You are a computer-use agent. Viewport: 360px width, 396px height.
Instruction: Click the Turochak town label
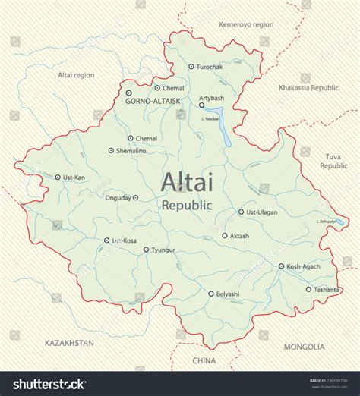click(x=210, y=67)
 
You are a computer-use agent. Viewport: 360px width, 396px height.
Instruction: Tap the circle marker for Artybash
click(x=201, y=105)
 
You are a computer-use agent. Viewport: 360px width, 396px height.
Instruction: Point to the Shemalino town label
click(x=131, y=151)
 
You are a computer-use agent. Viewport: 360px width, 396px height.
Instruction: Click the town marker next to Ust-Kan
click(x=58, y=178)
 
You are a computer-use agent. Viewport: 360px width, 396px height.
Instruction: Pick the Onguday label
click(x=118, y=198)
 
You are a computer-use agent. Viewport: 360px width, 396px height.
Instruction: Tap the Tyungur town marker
click(x=146, y=249)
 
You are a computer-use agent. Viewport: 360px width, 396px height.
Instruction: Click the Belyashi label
click(x=228, y=294)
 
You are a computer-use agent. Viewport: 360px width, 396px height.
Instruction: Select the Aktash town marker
click(x=225, y=235)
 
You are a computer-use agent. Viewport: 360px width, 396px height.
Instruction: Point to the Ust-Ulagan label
click(x=263, y=212)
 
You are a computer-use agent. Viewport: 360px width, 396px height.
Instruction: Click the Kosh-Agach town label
click(x=304, y=266)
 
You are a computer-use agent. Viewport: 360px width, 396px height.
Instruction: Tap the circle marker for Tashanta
click(x=308, y=289)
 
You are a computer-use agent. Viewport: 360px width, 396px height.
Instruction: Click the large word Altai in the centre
click(x=187, y=182)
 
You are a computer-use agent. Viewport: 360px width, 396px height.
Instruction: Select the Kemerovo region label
click(x=245, y=24)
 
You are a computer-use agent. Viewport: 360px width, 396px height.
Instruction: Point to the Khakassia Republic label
click(x=308, y=88)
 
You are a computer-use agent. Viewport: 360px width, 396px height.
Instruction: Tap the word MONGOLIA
click(x=304, y=347)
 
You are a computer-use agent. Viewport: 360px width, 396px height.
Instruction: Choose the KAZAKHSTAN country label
click(x=69, y=343)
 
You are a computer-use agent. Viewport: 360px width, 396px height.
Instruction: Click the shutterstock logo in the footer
click(x=49, y=384)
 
